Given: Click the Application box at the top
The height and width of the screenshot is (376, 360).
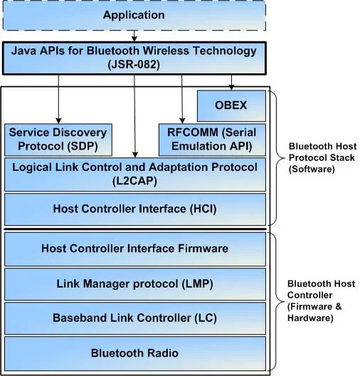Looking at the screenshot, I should [x=134, y=15].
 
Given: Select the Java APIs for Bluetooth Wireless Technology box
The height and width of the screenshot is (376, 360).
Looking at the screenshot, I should [x=135, y=57].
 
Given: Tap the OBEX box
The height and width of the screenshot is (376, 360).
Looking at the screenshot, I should [x=231, y=105].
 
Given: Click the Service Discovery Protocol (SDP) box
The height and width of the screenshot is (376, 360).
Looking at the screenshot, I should [x=57, y=140].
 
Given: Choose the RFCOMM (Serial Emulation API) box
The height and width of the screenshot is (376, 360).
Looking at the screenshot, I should [x=212, y=140].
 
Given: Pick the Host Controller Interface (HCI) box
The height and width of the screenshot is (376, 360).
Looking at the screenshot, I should [x=135, y=209].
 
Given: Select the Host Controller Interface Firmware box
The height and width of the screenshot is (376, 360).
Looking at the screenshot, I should [x=135, y=249].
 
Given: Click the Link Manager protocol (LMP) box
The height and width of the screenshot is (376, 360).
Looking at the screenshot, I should [x=135, y=283].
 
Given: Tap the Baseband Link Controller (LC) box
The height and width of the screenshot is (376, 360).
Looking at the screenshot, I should [x=135, y=318].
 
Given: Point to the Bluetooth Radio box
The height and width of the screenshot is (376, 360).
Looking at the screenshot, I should [x=135, y=353].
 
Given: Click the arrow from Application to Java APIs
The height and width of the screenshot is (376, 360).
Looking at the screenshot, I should [x=134, y=36].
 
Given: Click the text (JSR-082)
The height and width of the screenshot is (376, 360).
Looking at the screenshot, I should [x=135, y=63].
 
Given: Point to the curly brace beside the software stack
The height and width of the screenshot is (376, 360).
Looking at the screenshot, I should [x=277, y=157].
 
